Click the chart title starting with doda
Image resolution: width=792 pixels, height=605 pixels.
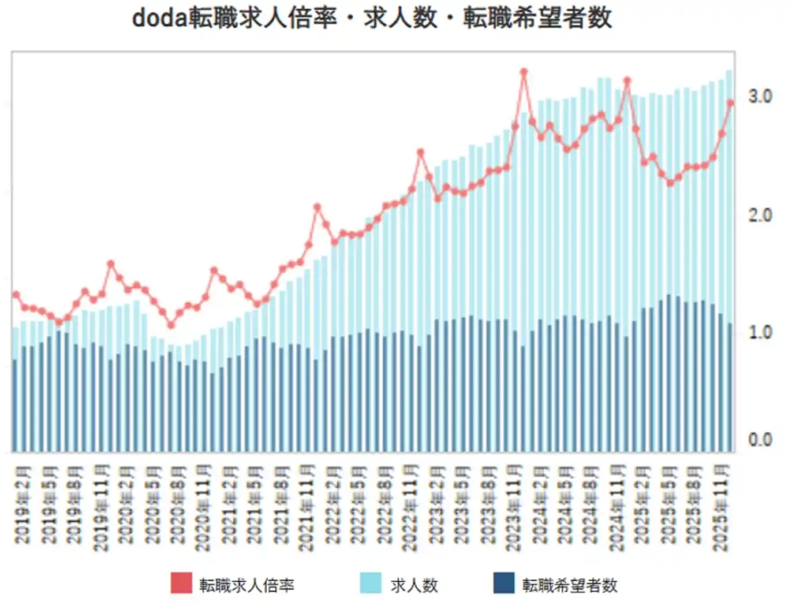pos(372,18)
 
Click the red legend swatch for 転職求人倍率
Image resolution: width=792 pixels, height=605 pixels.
pos(181,583)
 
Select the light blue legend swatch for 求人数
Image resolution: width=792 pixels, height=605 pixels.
pos(371,583)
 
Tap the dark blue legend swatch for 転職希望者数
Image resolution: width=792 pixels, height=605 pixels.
pos(504,583)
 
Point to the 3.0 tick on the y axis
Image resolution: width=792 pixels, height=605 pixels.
pos(760,97)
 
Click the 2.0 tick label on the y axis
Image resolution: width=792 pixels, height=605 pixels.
pos(760,215)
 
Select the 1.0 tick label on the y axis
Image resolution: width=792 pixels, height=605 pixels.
pos(760,333)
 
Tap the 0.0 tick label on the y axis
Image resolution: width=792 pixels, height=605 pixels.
pos(760,440)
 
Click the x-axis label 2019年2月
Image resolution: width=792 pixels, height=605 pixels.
pos(24,504)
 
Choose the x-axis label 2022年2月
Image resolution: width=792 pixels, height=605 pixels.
pos(334,504)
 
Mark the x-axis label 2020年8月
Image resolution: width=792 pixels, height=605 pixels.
pos(178,504)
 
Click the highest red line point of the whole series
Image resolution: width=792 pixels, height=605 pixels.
pos(523,72)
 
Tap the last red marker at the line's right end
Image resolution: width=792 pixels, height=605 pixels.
pos(730,103)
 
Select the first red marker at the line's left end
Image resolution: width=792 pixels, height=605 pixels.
pos(16,294)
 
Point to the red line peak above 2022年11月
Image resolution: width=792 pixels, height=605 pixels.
pos(421,152)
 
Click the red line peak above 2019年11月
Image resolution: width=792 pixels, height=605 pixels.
pos(111,264)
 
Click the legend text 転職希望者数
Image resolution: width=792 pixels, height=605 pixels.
pos(569,585)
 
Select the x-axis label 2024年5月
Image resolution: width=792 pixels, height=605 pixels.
pos(566,504)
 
